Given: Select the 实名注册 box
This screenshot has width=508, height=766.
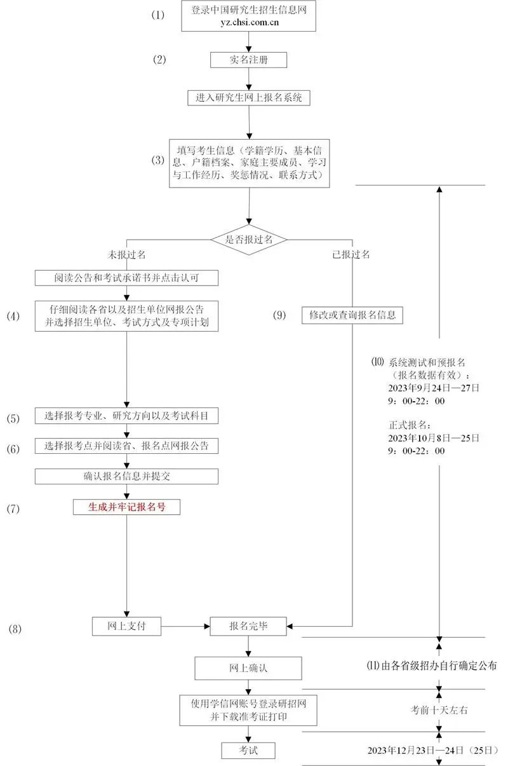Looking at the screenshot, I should pos(249,60).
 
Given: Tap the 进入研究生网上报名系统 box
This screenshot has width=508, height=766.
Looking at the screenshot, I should pos(249,98).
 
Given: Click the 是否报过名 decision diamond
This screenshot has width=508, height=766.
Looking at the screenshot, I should pos(249,240).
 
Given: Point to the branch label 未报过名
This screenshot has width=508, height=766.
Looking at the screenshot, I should pos(127,254).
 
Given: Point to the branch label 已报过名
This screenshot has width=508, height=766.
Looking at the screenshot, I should pos(351,254).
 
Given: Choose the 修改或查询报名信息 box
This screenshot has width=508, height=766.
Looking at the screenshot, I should pos(352,315).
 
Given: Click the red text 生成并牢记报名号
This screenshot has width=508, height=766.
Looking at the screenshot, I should pos(126,507).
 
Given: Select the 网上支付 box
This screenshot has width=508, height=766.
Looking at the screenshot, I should pos(126,626).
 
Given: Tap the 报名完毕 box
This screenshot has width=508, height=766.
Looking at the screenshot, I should pos(248,626).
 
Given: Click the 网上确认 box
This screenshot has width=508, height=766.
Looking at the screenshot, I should pos(248,668).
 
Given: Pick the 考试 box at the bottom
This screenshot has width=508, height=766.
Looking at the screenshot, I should pos(248,750).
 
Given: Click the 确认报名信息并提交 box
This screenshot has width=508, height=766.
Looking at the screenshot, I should pos(126,476).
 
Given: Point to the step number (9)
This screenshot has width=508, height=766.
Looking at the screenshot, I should pos(280,315).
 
